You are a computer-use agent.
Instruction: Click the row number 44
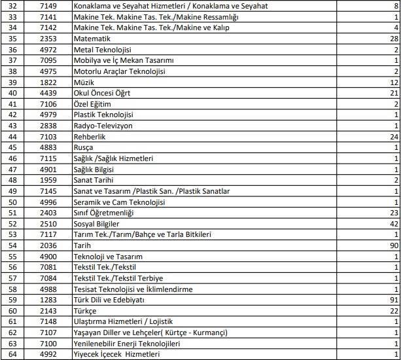point(13,137)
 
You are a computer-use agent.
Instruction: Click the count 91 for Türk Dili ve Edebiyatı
point(393,299)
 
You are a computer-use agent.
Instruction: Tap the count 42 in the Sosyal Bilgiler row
point(393,223)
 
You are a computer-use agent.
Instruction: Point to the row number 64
point(13,353)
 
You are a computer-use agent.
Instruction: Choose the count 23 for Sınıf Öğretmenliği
point(393,213)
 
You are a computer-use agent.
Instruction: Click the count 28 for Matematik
point(393,39)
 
